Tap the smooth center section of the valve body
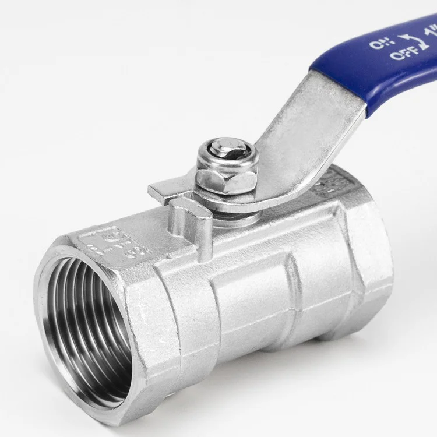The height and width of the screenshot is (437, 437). tap(251, 291)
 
